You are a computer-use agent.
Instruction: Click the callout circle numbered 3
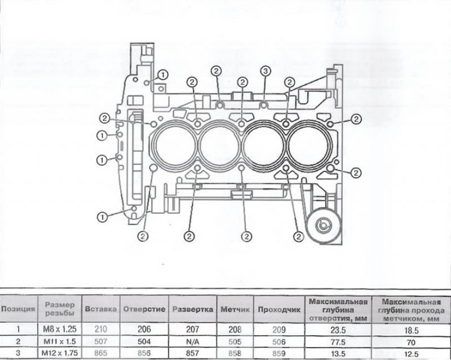click(265, 70)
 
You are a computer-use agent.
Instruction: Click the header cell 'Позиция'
click(18, 309)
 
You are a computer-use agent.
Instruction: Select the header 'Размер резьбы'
click(60, 309)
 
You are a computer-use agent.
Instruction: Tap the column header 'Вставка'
click(101, 309)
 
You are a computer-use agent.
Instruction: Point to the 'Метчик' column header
click(235, 309)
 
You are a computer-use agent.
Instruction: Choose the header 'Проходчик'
click(279, 310)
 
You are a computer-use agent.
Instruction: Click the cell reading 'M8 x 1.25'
click(60, 329)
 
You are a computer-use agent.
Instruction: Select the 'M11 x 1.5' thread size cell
click(60, 341)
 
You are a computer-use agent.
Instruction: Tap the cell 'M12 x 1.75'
click(60, 353)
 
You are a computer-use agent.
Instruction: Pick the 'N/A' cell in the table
click(192, 341)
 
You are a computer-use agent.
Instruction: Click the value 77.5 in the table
click(338, 343)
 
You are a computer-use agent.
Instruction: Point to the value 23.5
click(338, 330)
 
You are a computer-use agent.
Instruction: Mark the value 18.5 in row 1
click(412, 331)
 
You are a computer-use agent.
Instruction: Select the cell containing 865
click(101, 353)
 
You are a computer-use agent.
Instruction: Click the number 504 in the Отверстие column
click(144, 341)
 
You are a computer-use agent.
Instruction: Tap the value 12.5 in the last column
click(412, 354)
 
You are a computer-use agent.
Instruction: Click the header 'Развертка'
click(192, 309)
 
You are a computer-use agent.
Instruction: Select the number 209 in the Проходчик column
click(279, 330)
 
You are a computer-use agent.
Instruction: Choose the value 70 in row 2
click(412, 343)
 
